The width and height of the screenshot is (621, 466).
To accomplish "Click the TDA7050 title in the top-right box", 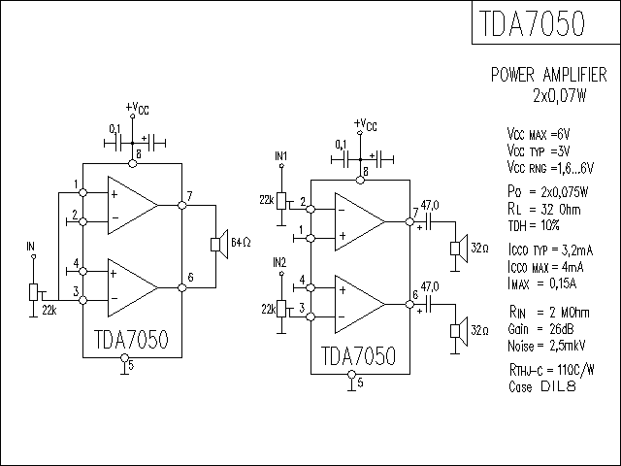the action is pyautogui.click(x=532, y=23).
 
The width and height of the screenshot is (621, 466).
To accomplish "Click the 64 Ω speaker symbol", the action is pyautogui.click(x=219, y=244).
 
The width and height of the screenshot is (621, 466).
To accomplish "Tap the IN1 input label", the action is pyautogui.click(x=280, y=155).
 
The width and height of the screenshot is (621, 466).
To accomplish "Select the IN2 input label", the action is pyautogui.click(x=279, y=262).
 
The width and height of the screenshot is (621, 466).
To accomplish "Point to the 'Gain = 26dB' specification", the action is pyautogui.click(x=540, y=329).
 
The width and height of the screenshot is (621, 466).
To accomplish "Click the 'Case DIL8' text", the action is pyautogui.click(x=541, y=386).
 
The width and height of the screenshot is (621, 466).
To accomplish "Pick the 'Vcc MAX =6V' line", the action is pyautogui.click(x=539, y=134).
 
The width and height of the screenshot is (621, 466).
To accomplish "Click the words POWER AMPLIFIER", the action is pyautogui.click(x=548, y=75).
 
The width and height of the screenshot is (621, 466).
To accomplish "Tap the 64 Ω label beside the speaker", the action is pyautogui.click(x=241, y=242).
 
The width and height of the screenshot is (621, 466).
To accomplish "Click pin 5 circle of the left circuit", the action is pyautogui.click(x=124, y=358).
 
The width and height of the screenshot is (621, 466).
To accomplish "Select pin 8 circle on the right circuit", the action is pyautogui.click(x=360, y=181).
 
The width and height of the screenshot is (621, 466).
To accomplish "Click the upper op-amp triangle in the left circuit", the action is pyautogui.click(x=133, y=205).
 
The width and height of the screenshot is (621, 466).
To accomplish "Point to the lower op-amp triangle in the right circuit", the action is pyautogui.click(x=360, y=304).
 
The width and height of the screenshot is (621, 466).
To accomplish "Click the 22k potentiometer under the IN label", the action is pyautogui.click(x=34, y=292).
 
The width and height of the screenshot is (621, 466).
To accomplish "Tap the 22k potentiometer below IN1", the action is pyautogui.click(x=282, y=201).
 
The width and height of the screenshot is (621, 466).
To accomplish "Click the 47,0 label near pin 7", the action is pyautogui.click(x=430, y=205).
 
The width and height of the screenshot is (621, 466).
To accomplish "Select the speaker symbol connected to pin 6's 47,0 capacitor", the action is pyautogui.click(x=459, y=331).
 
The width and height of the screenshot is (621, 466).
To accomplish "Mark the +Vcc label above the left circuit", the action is pyautogui.click(x=138, y=108).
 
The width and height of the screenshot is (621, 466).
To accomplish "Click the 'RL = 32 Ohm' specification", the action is pyautogui.click(x=543, y=209).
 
